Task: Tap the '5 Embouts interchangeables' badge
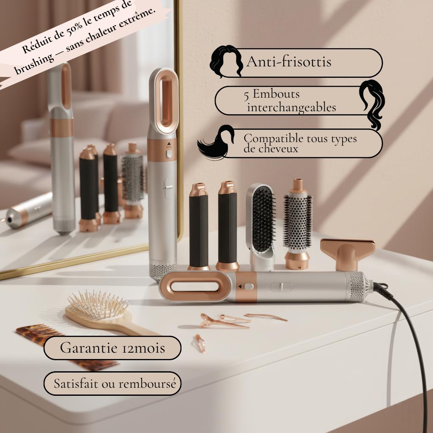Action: [x=292, y=101]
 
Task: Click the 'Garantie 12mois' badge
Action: [x=112, y=348]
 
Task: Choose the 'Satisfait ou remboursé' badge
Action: [x=112, y=384]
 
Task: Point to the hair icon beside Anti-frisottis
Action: [x=226, y=61]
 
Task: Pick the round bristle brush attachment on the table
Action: [x=297, y=222]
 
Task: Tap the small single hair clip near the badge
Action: [x=200, y=343]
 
